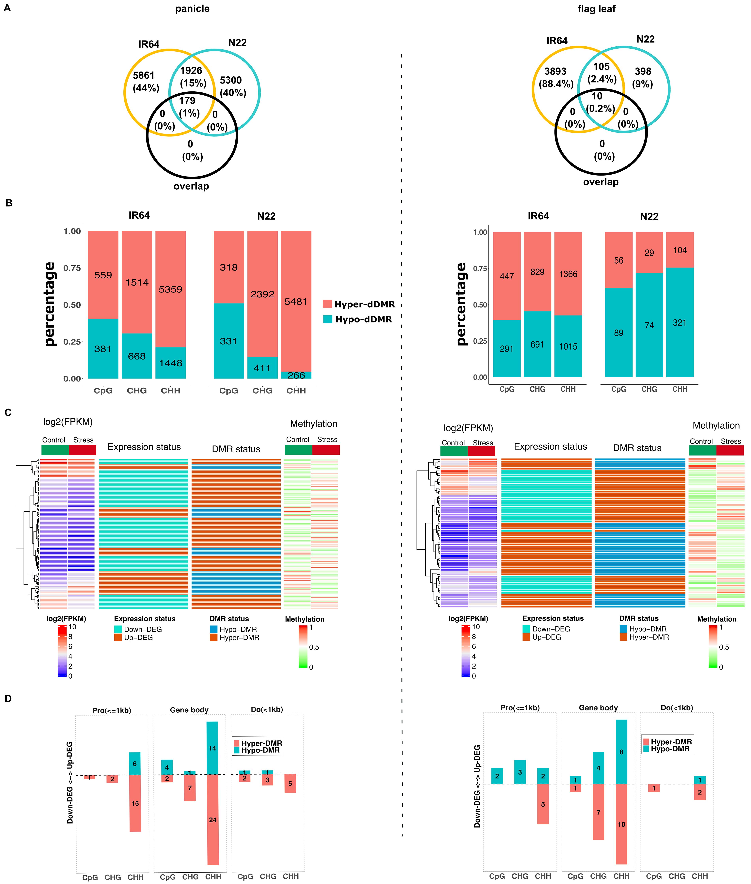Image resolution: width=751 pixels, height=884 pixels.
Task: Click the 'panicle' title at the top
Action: click(x=192, y=9)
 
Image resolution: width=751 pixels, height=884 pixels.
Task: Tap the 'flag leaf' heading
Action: click(x=596, y=9)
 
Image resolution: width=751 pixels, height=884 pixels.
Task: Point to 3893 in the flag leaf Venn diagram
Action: click(x=555, y=71)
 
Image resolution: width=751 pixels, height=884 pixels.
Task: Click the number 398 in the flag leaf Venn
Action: click(x=643, y=71)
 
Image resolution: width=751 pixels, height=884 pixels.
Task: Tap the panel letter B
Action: click(x=8, y=203)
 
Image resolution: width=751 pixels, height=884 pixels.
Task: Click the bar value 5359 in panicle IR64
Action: click(x=170, y=289)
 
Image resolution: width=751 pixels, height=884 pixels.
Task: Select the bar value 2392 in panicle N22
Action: click(x=262, y=294)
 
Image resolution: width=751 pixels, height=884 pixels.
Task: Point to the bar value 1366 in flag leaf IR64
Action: click(x=568, y=274)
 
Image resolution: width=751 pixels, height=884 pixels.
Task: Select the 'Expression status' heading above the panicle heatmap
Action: click(x=144, y=447)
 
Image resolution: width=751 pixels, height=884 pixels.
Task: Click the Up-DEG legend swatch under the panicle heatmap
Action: click(x=118, y=638)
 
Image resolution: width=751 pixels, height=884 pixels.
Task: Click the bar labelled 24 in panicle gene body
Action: click(x=213, y=820)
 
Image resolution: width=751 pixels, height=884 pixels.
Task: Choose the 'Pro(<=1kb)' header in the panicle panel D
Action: click(x=112, y=710)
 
